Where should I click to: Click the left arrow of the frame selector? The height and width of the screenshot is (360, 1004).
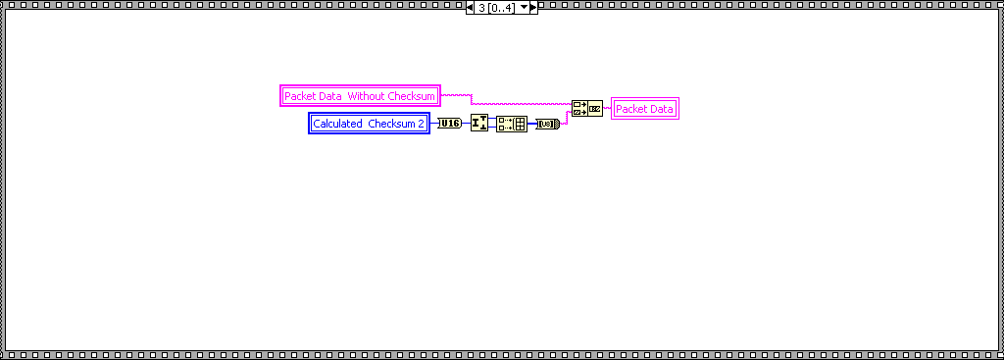471,8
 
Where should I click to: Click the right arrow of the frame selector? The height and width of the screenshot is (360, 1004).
533,8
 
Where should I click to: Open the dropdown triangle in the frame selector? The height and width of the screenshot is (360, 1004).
523,8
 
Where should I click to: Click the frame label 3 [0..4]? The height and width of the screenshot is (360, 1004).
496,8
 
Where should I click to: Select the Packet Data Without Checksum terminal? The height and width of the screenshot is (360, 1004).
360,96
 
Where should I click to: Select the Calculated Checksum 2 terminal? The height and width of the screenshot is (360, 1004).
369,124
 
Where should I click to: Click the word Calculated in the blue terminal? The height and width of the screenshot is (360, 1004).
338,124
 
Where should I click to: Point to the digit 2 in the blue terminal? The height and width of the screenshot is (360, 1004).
422,124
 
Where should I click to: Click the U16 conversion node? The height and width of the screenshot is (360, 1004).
449,124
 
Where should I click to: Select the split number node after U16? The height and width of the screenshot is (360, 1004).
479,123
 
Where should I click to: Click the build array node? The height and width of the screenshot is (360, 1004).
511,124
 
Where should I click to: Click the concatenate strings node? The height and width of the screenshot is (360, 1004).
586,108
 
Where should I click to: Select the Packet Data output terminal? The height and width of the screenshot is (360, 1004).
644,109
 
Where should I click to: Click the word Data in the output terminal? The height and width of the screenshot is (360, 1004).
662,109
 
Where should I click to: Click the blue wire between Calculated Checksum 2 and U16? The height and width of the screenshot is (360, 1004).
433,124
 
